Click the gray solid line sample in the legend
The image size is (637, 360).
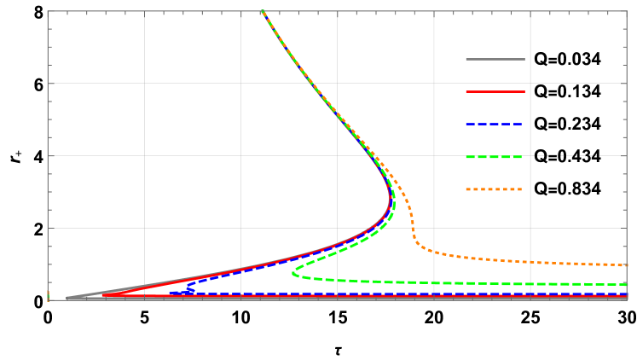coord(495,59)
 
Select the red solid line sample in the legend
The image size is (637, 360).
coord(495,91)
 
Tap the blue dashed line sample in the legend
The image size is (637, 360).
coord(495,124)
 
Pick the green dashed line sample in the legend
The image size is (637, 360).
coord(495,156)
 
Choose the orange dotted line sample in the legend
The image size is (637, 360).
coord(495,189)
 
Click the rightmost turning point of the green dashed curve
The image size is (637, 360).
coord(393,201)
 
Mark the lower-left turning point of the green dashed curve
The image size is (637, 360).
coord(292,273)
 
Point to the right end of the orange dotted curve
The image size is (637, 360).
coord(628,264)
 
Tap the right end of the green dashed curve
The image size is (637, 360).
coord(628,284)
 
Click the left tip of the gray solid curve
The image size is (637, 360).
coord(67,298)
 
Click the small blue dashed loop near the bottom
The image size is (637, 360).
coord(188,291)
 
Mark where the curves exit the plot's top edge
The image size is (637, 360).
coord(262,11)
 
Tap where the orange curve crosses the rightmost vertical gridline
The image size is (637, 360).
coord(530,261)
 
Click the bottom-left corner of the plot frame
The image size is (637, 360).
coord(48,299)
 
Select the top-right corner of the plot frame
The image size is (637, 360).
coord(628,11)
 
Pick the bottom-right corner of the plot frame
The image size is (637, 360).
coord(628,299)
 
